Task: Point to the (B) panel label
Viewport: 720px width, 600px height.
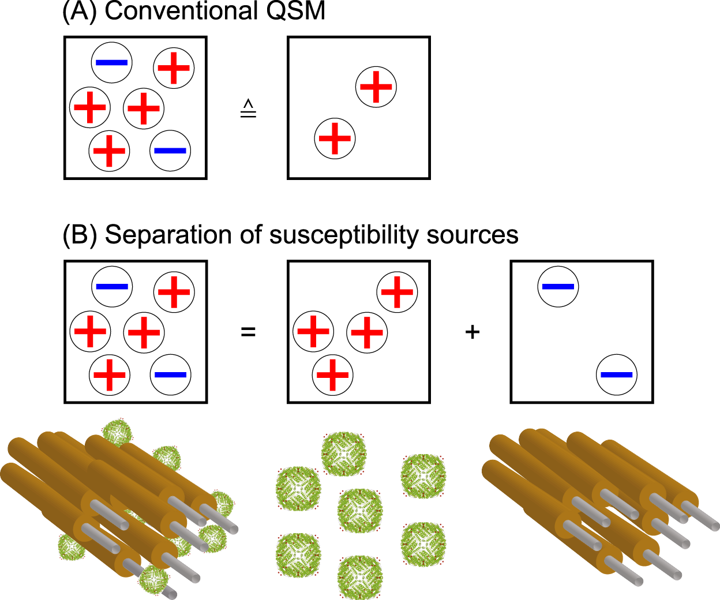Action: [x=80, y=235]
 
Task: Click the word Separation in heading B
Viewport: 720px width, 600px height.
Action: [x=168, y=235]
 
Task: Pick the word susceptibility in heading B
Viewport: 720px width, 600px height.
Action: [x=344, y=236]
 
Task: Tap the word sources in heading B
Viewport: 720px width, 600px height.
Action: [x=472, y=236]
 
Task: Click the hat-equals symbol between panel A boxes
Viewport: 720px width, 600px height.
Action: [x=248, y=108]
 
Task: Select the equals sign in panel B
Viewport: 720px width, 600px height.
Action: [x=248, y=332]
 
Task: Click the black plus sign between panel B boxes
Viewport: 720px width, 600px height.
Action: [x=472, y=332]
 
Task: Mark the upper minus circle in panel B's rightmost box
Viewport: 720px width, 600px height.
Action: [x=558, y=287]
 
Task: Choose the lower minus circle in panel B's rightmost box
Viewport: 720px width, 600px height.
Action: [x=617, y=375]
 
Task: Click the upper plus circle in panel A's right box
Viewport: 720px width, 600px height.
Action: [x=376, y=87]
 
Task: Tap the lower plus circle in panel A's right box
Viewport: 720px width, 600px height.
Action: [x=335, y=138]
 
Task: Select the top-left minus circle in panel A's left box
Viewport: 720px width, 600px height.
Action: [x=112, y=62]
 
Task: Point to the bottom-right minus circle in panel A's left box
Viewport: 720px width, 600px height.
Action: [x=170, y=151]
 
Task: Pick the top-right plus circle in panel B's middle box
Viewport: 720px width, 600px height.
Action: [x=397, y=292]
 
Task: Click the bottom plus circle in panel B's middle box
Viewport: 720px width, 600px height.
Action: [x=333, y=375]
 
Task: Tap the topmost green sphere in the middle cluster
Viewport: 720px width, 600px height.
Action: [x=344, y=454]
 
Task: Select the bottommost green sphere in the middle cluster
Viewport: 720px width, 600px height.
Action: [x=360, y=577]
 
